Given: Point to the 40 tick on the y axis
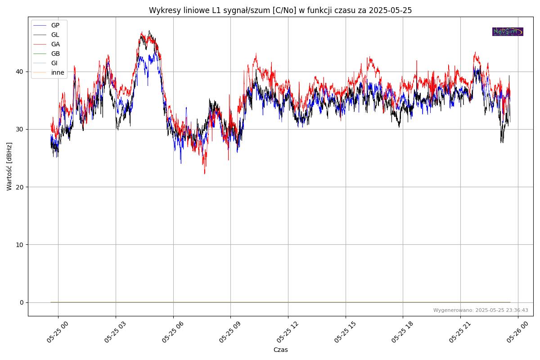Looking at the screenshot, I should click(x=20, y=72).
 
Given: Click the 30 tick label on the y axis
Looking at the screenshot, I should click(x=20, y=129).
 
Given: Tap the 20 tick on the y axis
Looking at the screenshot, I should click(x=20, y=187).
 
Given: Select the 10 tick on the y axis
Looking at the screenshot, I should click(x=20, y=244).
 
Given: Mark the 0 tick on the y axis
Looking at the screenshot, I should click(x=22, y=302).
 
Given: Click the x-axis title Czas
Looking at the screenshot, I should click(x=280, y=350).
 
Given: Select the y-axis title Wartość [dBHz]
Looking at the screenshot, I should click(x=9, y=166).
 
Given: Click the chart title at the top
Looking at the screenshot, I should click(x=280, y=10).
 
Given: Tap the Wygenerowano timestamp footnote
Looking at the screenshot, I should click(x=481, y=310).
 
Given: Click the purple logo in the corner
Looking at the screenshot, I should click(x=508, y=31).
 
